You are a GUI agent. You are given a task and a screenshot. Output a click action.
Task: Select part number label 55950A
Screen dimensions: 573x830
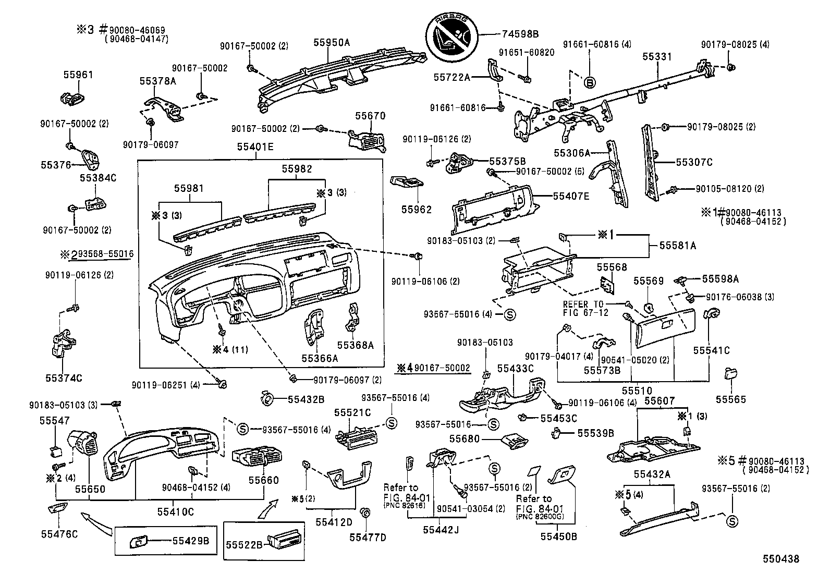tap(332, 43)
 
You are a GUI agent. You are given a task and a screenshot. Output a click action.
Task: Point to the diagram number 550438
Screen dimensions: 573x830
tap(780, 559)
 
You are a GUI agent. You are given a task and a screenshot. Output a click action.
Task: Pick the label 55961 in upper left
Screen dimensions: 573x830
tap(78, 75)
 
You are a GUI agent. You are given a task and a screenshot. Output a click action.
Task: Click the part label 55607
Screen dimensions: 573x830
tap(660, 401)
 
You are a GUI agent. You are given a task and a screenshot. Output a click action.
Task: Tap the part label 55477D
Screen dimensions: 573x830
tap(368, 537)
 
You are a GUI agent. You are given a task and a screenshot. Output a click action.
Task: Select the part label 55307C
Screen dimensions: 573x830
tap(694, 162)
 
